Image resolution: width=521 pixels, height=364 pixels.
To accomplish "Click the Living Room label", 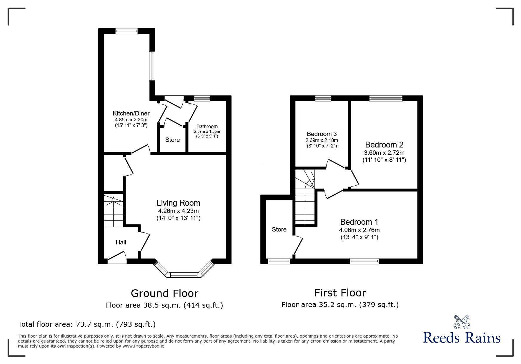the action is [178, 203].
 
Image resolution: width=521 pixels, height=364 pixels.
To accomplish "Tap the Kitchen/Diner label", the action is [131, 113].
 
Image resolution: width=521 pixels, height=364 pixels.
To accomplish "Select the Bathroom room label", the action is [207, 127].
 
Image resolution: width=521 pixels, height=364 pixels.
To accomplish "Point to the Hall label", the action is [121, 242].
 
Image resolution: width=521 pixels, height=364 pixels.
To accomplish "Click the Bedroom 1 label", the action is [359, 222].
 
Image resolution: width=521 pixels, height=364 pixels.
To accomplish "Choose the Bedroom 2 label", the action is [384, 145].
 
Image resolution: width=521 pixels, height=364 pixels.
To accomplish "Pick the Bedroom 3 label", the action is [322, 134].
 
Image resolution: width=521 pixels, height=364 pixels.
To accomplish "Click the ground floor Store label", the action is [172, 140].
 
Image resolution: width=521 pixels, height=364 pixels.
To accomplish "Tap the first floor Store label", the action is [279, 229].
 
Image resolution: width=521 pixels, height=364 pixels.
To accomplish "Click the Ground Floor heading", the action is [164, 293].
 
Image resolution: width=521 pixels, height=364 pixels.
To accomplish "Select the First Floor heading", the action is [340, 293].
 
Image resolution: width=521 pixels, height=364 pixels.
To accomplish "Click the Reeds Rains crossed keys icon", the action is [462, 322].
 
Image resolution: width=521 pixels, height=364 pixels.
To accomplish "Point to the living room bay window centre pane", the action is [184, 275].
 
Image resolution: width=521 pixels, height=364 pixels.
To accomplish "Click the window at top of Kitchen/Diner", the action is [126, 31].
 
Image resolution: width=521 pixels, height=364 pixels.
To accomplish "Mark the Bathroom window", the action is [202, 98].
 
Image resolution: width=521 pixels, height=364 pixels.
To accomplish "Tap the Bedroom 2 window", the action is [386, 98].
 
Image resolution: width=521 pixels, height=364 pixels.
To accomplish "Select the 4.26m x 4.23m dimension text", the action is [178, 211].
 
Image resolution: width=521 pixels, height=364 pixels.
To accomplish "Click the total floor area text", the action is [87, 324].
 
